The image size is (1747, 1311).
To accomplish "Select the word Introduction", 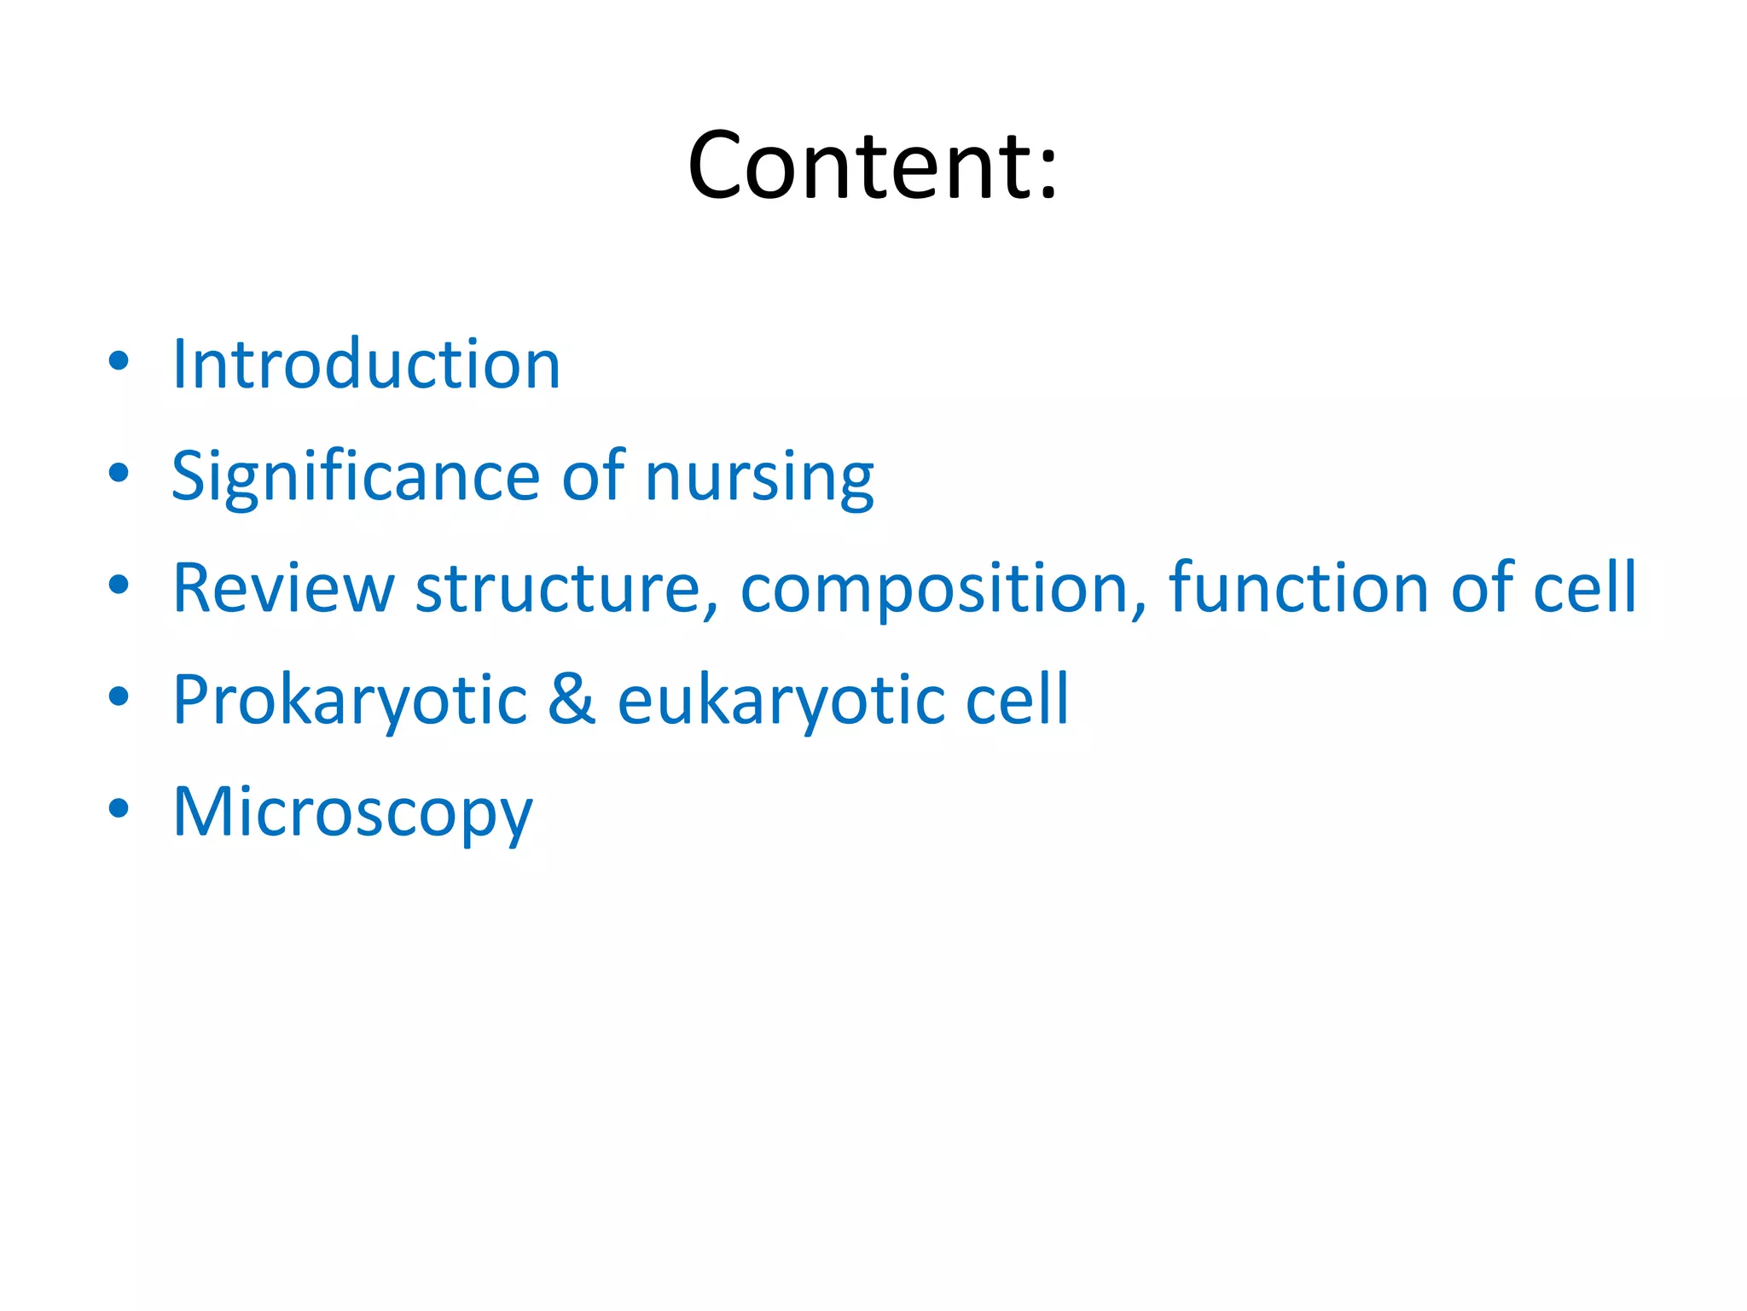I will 366,364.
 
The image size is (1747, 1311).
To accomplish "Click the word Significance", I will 355,476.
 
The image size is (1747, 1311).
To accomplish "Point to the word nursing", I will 759,478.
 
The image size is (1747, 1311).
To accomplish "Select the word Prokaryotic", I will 350,701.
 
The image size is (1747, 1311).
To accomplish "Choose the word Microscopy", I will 352,813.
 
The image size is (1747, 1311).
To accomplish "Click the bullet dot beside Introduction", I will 119,361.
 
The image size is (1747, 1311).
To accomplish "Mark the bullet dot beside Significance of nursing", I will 119,473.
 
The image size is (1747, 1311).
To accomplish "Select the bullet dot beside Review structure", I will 119,585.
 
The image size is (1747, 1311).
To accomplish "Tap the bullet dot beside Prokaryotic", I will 119,696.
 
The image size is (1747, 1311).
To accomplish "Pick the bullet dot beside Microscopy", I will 119,808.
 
